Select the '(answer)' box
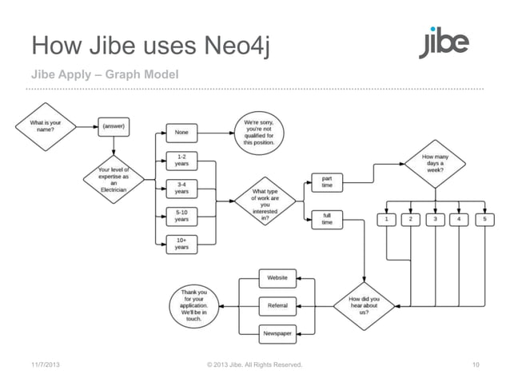(x=114, y=125)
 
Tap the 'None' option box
(x=182, y=133)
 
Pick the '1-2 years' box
(x=182, y=160)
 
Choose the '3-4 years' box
(x=182, y=188)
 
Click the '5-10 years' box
(x=182, y=215)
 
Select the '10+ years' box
(x=182, y=243)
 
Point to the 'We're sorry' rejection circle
(x=259, y=131)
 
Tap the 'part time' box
(x=327, y=182)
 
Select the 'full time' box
(x=327, y=219)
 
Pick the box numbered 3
(x=435, y=219)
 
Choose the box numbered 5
(x=483, y=219)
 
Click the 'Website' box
(x=277, y=277)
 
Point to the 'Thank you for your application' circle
(x=193, y=305)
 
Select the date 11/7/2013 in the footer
(x=44, y=366)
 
